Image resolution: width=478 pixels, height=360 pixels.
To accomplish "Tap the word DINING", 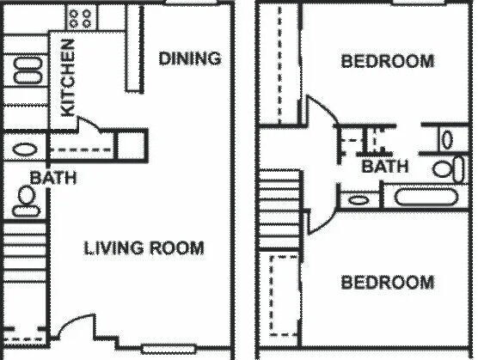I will [191, 58].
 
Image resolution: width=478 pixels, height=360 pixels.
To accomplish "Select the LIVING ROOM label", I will [144, 248].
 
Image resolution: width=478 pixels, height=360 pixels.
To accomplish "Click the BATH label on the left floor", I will [53, 178].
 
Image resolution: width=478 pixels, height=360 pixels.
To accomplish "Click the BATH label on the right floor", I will [384, 166].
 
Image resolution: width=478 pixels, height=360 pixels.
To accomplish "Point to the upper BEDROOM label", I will [387, 61].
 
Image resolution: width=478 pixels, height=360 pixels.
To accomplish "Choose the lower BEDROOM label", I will [387, 282].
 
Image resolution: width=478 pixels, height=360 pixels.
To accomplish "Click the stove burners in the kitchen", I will [81, 17].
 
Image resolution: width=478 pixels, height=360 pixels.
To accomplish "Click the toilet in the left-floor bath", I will [25, 200].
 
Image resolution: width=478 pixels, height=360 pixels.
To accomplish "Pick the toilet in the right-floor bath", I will [443, 168].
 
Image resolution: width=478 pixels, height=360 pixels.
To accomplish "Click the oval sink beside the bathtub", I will [358, 200].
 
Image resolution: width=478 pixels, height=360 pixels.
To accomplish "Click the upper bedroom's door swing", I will [320, 116].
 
